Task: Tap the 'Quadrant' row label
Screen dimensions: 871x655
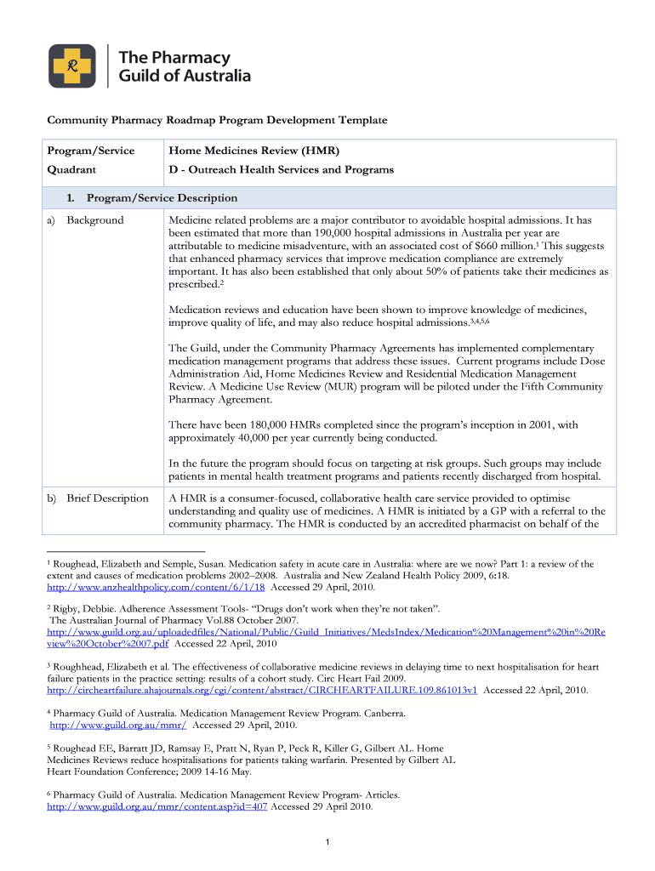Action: coord(71,169)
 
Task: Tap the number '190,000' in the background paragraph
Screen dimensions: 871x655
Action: coord(338,233)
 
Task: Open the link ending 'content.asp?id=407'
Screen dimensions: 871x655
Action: coord(157,806)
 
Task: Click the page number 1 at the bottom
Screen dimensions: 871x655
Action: coord(327,842)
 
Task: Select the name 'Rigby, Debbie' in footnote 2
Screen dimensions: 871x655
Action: coord(89,609)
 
